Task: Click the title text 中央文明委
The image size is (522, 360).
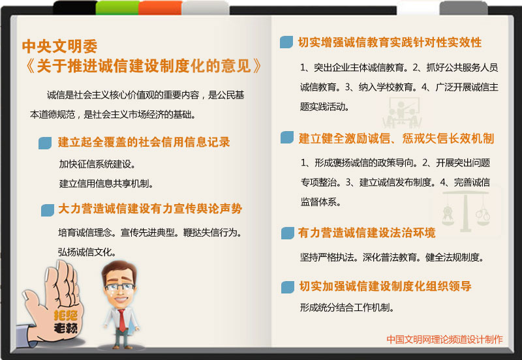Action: coord(60,46)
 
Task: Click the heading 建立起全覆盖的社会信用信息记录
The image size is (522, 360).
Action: coord(144,142)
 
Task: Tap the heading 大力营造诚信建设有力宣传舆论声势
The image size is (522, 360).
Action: coord(150,209)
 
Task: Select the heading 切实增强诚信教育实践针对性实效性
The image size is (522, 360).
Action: coord(390,42)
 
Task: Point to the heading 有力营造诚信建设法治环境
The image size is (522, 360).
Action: coord(367,233)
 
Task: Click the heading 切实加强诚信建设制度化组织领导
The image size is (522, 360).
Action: coord(385,286)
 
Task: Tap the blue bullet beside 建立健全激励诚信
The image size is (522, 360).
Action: coord(287,138)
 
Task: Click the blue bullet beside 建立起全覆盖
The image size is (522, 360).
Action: coord(45,143)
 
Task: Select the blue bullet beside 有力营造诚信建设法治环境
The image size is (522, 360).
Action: coord(288,233)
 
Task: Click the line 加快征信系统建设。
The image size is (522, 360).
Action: coord(97,164)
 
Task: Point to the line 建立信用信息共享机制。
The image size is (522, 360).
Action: coord(106,184)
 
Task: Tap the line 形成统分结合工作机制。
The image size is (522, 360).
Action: coord(347,307)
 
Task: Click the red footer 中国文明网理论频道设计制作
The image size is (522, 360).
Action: coord(444,339)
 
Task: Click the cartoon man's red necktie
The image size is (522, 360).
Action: coord(122,320)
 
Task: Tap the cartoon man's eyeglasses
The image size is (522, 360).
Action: coord(120,287)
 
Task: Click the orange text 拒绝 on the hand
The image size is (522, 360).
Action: coord(66,315)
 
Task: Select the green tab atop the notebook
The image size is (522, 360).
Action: coord(117,8)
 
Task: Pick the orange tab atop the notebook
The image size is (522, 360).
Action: coord(160,8)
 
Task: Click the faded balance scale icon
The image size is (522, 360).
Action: coord(466,211)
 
